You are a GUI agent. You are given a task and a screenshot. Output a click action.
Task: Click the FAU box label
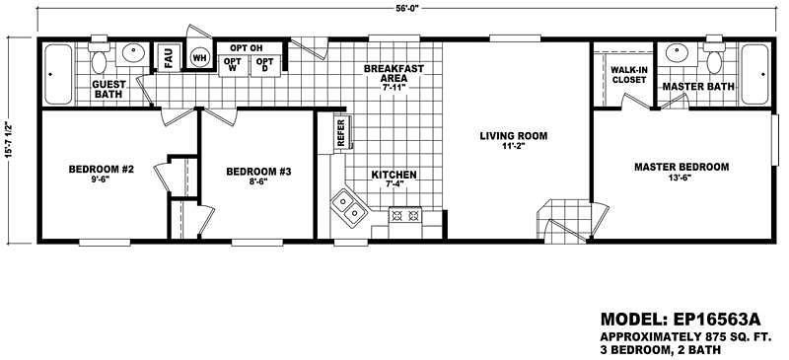click(169, 59)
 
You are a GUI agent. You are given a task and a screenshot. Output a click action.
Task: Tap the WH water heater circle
click(199, 58)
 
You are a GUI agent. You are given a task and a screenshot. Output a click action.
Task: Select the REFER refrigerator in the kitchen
click(341, 132)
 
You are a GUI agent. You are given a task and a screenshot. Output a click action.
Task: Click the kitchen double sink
click(348, 206)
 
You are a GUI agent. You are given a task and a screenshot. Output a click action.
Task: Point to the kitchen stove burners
click(406, 213)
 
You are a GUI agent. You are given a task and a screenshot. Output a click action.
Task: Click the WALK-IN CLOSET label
click(628, 75)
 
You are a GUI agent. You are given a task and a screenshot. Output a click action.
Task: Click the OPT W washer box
click(233, 65)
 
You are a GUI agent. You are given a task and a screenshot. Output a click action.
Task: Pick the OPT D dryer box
click(265, 65)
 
